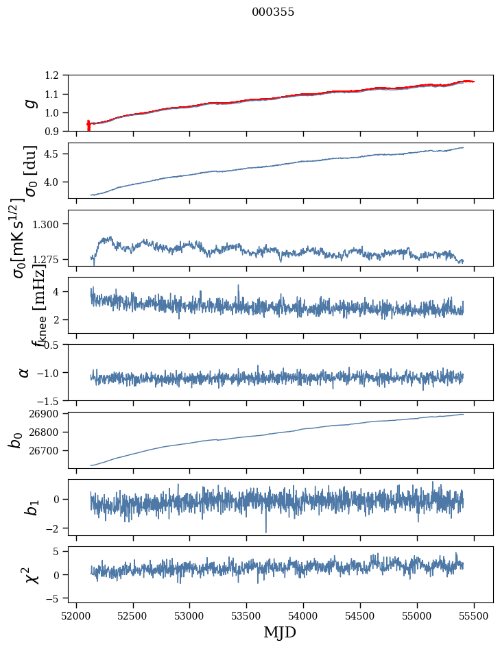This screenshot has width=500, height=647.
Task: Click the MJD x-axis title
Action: [x=280, y=632]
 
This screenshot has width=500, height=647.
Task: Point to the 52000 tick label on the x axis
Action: [x=76, y=615]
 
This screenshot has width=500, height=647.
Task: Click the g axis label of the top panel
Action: [x=28, y=103]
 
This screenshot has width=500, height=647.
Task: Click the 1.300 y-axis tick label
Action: [x=54, y=224]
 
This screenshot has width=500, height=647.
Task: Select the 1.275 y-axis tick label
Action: [x=54, y=260]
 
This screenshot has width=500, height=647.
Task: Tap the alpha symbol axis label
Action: [x=25, y=372]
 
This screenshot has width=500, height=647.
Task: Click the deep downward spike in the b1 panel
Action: [x=266, y=530]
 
